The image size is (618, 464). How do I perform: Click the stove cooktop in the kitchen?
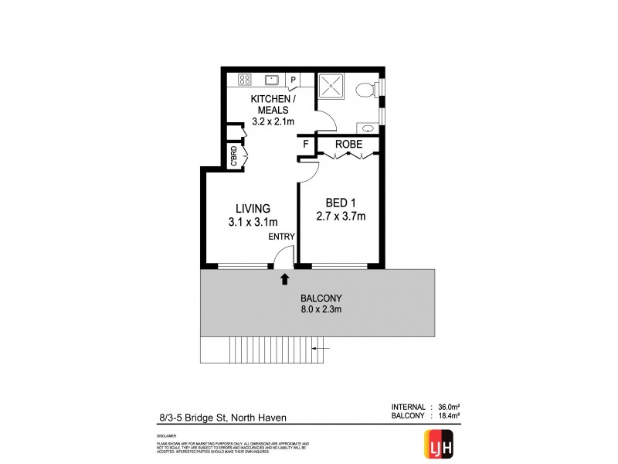pyautogui.click(x=246, y=79)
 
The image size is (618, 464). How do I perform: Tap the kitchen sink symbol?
pyautogui.click(x=272, y=79)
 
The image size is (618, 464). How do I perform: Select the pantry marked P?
pyautogui.click(x=294, y=80)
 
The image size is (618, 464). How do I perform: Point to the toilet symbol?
pyautogui.click(x=365, y=91)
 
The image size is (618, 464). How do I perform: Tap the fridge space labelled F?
pyautogui.click(x=306, y=144)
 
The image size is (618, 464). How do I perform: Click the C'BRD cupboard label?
pyautogui.click(x=233, y=157)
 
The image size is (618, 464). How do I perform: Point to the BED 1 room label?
pyautogui.click(x=339, y=203)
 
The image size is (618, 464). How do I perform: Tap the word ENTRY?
pyautogui.click(x=280, y=237)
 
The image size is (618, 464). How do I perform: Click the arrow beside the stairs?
pyautogui.click(x=325, y=350)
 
